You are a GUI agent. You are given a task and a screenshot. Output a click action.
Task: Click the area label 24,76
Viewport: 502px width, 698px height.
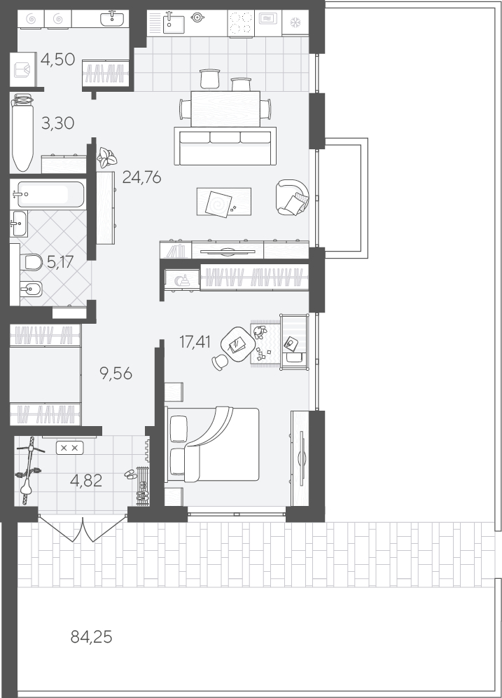tap(141, 177)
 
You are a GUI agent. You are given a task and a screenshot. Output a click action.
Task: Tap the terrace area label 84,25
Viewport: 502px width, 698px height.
tap(91, 638)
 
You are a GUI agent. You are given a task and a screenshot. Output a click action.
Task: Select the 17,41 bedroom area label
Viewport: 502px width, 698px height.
tap(195, 342)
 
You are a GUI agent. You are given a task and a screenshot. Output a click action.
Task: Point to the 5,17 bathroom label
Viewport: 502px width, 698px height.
tap(60, 262)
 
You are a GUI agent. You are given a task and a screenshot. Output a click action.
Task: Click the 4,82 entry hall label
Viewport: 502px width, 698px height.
tap(86, 480)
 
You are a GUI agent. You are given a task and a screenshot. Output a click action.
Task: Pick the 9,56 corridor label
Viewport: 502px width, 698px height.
tap(116, 374)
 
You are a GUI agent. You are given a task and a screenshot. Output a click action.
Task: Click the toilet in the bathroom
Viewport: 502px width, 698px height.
tap(31, 262)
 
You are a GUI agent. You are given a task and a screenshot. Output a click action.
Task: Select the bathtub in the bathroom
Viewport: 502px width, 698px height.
tap(47, 194)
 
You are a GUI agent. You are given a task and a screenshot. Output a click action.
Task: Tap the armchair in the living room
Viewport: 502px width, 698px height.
tap(292, 197)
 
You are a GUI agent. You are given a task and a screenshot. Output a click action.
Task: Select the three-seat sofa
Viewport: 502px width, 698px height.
tap(225, 146)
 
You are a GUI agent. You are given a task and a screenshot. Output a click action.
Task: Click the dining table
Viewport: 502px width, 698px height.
tap(225, 109)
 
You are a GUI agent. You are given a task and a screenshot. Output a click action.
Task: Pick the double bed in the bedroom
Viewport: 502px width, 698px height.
tap(212, 444)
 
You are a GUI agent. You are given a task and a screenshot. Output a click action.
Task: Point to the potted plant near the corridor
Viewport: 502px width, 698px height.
tap(107, 158)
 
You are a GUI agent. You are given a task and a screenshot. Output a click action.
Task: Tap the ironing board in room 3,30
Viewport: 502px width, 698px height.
tap(22, 132)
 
